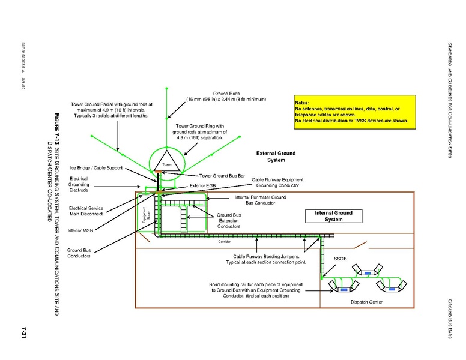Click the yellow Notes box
click(x=351, y=112)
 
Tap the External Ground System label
click(x=276, y=157)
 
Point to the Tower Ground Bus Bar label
click(x=222, y=176)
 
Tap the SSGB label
click(x=341, y=259)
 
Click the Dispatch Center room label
click(x=366, y=302)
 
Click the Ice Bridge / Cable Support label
click(x=97, y=167)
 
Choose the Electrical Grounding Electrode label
click(x=80, y=184)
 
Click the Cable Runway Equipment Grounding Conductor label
click(x=277, y=182)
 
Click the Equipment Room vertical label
click(x=146, y=215)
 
